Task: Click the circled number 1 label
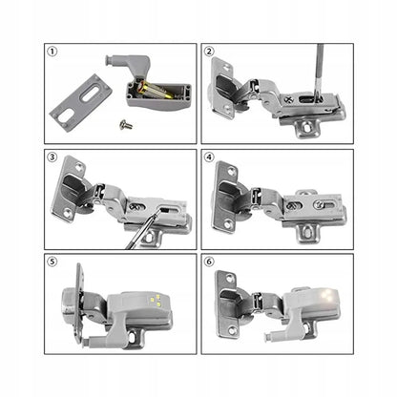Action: pos(54,54)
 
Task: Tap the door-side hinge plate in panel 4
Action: pos(229,196)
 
